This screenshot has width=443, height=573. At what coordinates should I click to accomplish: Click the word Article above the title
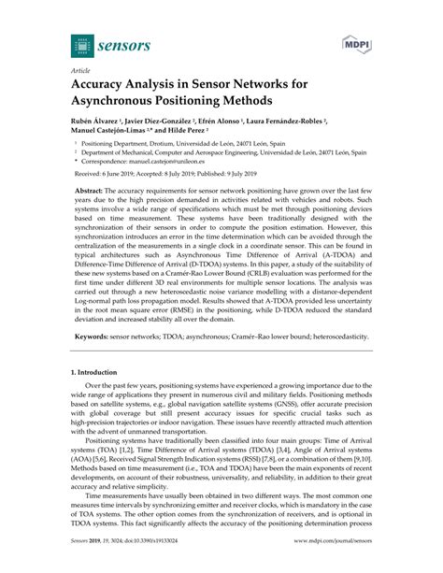pyautogui.click(x=81, y=69)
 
